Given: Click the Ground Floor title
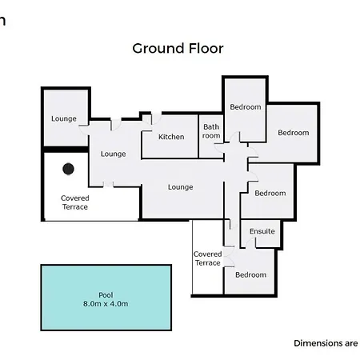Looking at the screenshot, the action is (x=178, y=49).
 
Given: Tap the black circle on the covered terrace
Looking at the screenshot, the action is (x=68, y=169).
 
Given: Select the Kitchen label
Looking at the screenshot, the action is (x=171, y=137).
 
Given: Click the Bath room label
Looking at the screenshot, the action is (x=211, y=131).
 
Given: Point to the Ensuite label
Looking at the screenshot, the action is (x=262, y=231).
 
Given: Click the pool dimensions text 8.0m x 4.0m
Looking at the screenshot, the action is (x=106, y=304).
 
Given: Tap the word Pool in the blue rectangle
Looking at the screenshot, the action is (x=106, y=295).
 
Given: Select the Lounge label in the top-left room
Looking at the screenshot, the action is (x=64, y=118).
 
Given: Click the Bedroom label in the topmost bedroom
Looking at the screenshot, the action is (x=246, y=107).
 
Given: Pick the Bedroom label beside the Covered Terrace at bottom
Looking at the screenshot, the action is (x=250, y=274).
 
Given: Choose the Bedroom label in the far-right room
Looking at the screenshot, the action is (x=294, y=133).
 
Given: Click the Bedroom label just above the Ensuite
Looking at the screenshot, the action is (x=270, y=193).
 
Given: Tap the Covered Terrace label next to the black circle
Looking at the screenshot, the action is (x=75, y=202).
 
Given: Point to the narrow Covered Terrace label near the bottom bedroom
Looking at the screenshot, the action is (x=208, y=258).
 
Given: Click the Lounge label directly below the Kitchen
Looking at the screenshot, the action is (x=181, y=187).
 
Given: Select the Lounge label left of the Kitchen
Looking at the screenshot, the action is (x=114, y=154).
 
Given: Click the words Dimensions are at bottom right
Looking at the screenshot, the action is (x=326, y=343).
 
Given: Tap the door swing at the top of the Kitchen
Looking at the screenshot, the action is (x=156, y=119).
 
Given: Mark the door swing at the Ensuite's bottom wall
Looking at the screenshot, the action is (x=250, y=243).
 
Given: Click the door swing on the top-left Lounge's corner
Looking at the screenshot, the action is (x=84, y=130).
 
